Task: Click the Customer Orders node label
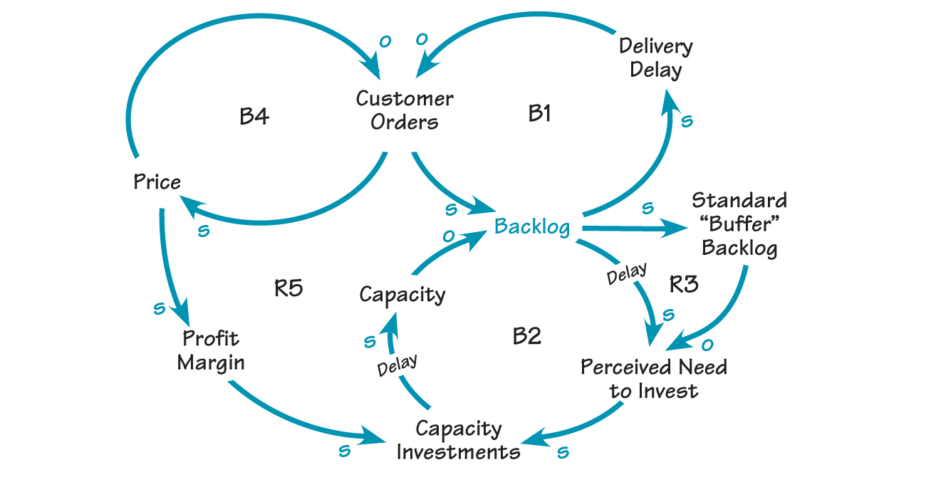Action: pyautogui.click(x=404, y=110)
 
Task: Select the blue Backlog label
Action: pyautogui.click(x=532, y=226)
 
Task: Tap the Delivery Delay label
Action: pyautogui.click(x=655, y=58)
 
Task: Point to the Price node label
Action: pyautogui.click(x=157, y=182)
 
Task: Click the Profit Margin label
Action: pyautogui.click(x=211, y=350)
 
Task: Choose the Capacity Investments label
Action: pyautogui.click(x=458, y=440)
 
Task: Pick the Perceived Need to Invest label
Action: pyautogui.click(x=653, y=379)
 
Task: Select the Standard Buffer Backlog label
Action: pyautogui.click(x=739, y=224)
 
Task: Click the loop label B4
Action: pyautogui.click(x=254, y=116)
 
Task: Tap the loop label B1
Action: pyautogui.click(x=539, y=113)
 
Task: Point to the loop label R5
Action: pyautogui.click(x=288, y=288)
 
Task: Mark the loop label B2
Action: pyautogui.click(x=527, y=335)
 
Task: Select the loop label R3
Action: pyautogui.click(x=684, y=284)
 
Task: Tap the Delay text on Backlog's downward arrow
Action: pyautogui.click(x=626, y=274)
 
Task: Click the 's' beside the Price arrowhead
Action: pyautogui.click(x=204, y=231)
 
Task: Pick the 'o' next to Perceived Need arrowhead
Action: pyautogui.click(x=707, y=345)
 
